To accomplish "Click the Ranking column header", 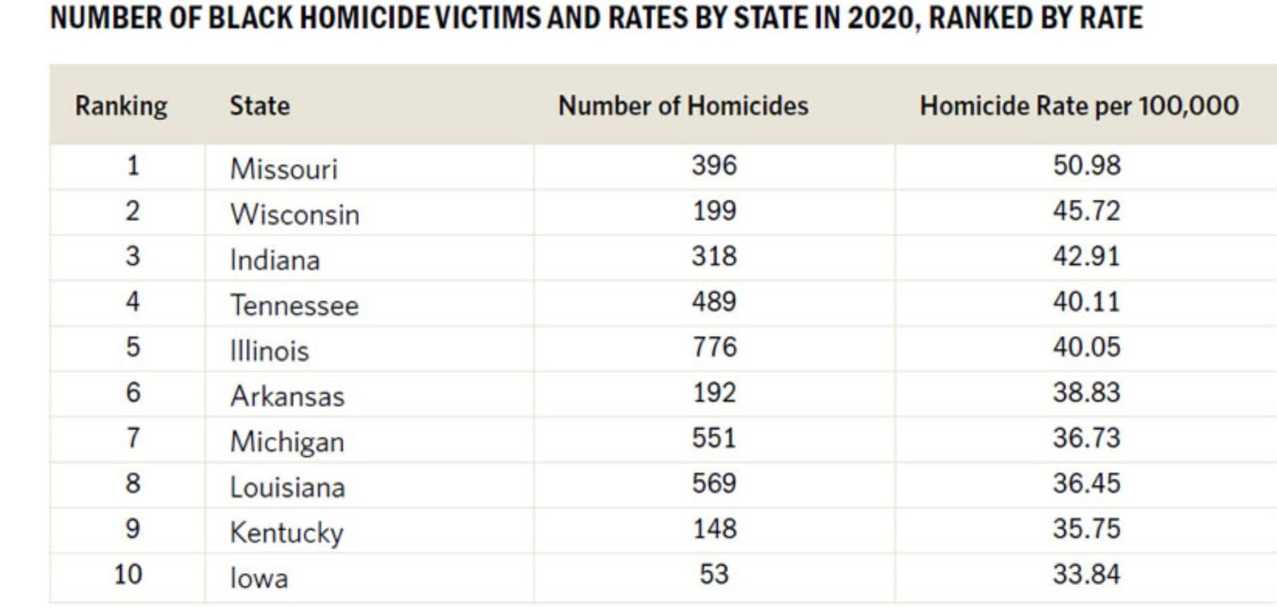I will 121,106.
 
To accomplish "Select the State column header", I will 259,106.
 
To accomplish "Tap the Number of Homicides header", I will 683,106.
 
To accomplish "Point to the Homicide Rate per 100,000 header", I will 1079,106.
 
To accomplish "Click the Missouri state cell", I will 284,169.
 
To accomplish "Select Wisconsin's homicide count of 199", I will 714,211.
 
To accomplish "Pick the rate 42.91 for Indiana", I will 1086,257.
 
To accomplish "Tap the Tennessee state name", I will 294,306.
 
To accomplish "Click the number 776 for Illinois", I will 714,348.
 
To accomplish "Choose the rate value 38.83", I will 1086,393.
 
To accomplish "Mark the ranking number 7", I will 133,438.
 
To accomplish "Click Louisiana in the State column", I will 287,488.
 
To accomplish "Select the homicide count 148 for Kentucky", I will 714,529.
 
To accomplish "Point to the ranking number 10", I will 128,574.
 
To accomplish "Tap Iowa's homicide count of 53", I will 714,574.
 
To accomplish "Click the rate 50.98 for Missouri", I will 1086,166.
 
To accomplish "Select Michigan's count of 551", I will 714,438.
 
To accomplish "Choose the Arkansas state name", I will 287,397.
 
